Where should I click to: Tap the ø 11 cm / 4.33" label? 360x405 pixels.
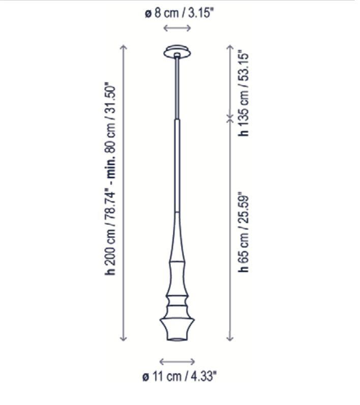(x=179, y=377)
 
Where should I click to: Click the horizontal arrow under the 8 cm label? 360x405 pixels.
(x=177, y=27)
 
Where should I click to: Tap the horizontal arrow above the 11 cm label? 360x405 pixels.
(x=177, y=362)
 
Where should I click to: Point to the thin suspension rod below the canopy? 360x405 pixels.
(x=176, y=86)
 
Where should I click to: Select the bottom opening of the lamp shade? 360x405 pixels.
(x=177, y=338)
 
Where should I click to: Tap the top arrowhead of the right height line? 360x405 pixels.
(x=230, y=47)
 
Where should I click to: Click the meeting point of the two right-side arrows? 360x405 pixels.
(x=230, y=119)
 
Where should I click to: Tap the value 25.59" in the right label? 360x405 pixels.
(x=245, y=206)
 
